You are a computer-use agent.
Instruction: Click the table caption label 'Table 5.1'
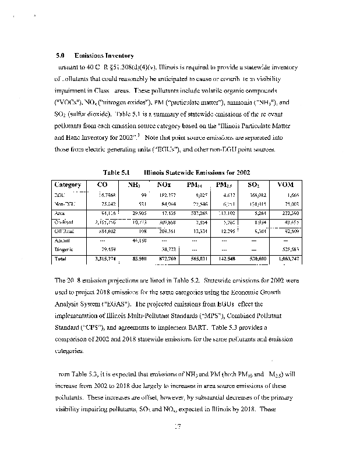coord(115,173)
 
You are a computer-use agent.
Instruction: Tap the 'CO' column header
coord(101,185)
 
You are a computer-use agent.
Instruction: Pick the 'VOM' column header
coord(287,185)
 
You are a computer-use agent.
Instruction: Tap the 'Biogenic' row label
coord(64,248)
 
